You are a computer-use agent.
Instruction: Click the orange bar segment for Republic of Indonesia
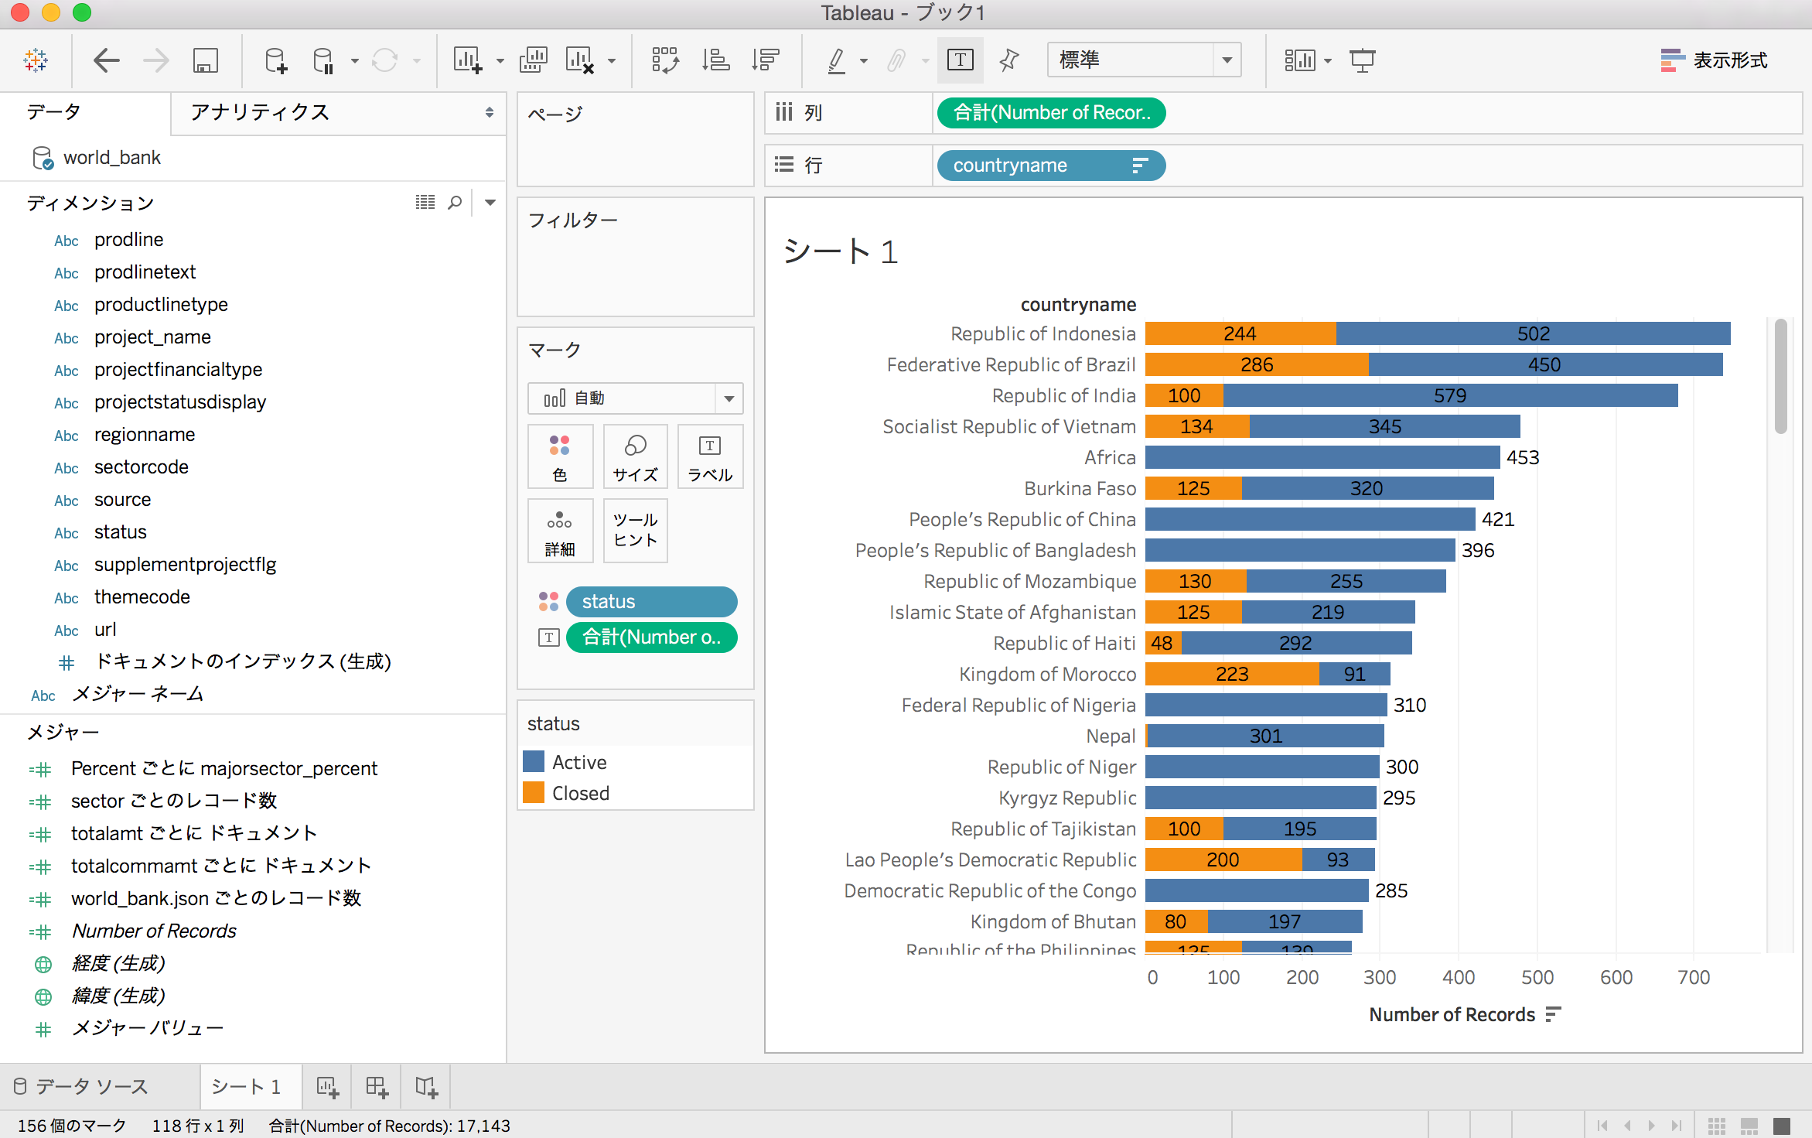coord(1240,333)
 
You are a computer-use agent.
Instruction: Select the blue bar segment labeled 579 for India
coord(1450,395)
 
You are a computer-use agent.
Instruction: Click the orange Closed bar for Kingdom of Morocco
coord(1231,674)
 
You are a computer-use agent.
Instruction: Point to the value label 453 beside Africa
coord(1522,457)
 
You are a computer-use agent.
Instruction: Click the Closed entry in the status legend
coord(580,793)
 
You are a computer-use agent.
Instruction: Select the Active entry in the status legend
coord(578,762)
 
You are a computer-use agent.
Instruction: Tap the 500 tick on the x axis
coord(1537,977)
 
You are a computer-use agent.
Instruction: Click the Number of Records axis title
coord(1452,1014)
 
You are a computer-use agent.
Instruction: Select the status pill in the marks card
coord(651,601)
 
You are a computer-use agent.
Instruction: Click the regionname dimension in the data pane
coord(145,435)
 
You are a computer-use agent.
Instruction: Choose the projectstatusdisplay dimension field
coord(179,402)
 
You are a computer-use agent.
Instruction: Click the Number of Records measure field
coord(154,931)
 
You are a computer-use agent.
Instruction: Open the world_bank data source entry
coord(111,158)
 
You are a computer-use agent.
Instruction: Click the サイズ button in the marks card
coord(635,456)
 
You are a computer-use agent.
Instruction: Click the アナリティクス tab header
coord(260,112)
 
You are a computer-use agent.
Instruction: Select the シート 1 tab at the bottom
coord(246,1086)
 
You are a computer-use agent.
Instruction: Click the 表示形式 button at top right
coord(1713,60)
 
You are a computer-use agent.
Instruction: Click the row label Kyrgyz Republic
coord(1066,798)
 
